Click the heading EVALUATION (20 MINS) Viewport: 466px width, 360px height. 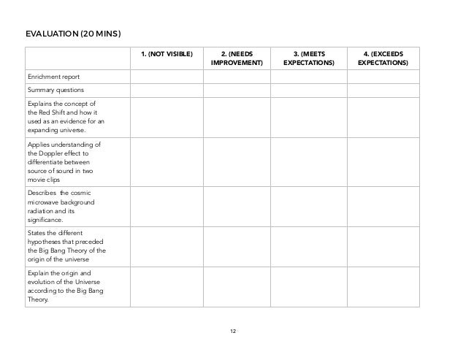tap(73, 34)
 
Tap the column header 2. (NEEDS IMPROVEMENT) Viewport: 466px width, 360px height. tap(237, 58)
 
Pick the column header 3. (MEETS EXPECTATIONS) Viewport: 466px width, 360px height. tap(308, 58)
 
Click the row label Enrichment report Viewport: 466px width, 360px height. tap(54, 76)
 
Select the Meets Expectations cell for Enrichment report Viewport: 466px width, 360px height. tap(308, 76)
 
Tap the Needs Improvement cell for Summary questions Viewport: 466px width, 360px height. tap(237, 89)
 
